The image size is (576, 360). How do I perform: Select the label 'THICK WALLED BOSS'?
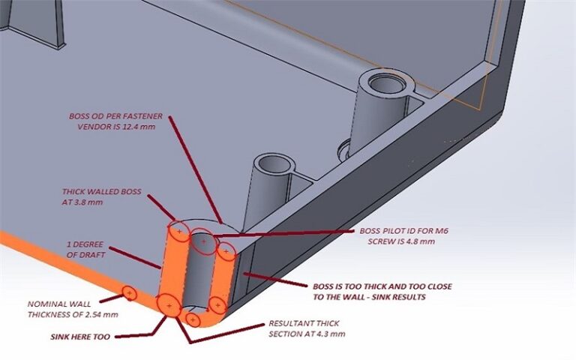pos(104,191)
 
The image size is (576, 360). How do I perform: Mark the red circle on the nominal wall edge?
pos(129,293)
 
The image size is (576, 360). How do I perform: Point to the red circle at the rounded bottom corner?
pos(193,320)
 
